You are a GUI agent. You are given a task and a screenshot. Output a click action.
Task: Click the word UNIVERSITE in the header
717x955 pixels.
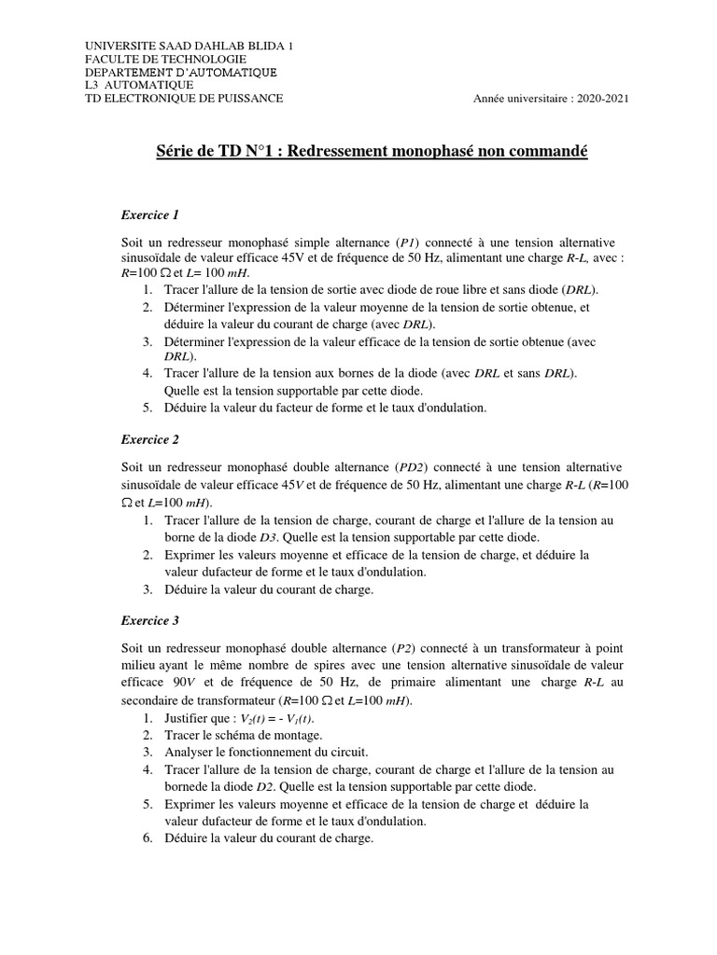point(119,46)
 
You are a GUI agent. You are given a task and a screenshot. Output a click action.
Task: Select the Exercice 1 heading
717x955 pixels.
point(149,215)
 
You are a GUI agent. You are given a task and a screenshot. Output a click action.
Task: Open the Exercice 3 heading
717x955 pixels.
point(149,619)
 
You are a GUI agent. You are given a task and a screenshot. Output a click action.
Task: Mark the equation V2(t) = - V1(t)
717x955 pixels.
point(277,718)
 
